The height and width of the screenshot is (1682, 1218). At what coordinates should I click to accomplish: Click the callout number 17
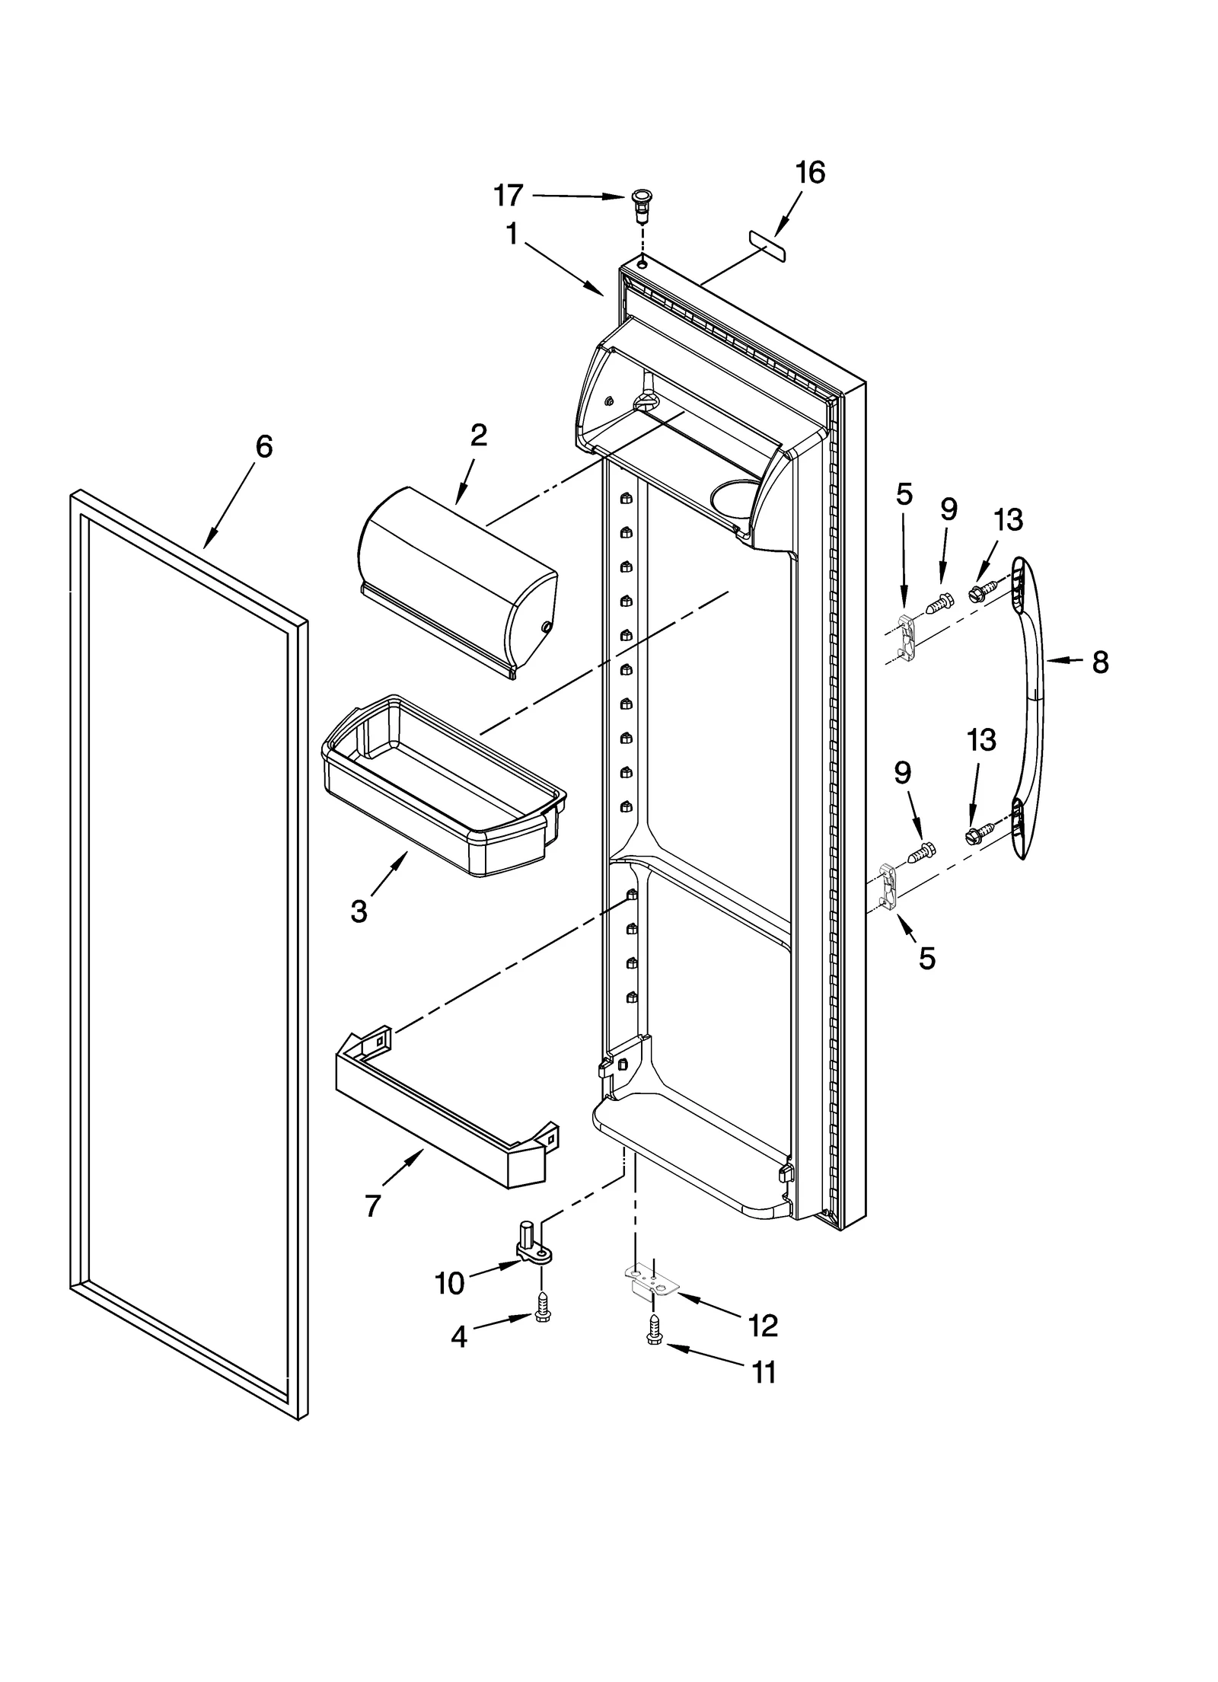(x=509, y=196)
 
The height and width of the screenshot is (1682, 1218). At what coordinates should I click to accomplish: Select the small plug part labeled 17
(x=641, y=204)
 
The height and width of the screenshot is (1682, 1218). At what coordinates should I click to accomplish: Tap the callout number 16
(x=810, y=173)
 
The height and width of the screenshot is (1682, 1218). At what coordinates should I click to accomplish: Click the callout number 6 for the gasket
(x=263, y=447)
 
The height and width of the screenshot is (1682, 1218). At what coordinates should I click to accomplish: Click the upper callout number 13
(x=1008, y=520)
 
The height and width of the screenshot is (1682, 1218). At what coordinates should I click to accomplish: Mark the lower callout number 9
(x=902, y=773)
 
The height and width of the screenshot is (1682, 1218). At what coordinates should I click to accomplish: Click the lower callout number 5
(x=926, y=959)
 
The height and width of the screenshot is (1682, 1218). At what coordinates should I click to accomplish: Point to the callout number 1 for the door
(x=512, y=235)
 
